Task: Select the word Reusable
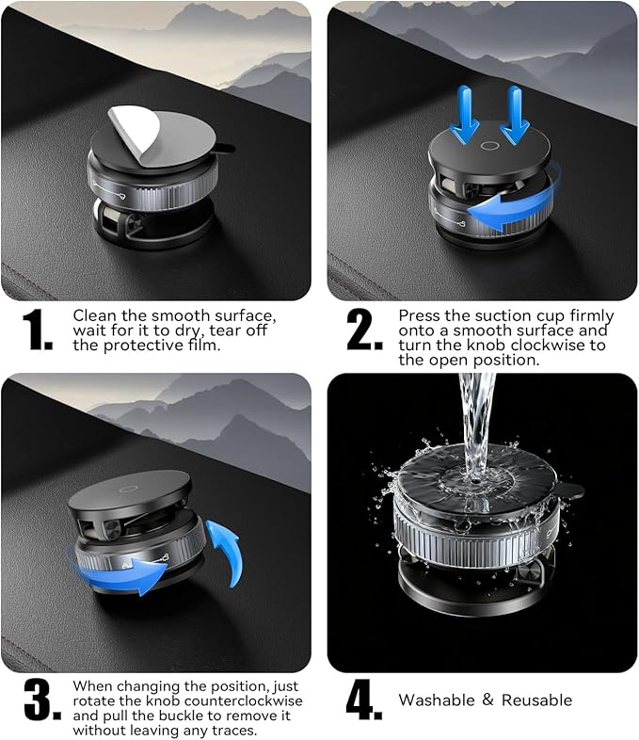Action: click(x=537, y=700)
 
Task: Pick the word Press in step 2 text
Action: click(x=419, y=315)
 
